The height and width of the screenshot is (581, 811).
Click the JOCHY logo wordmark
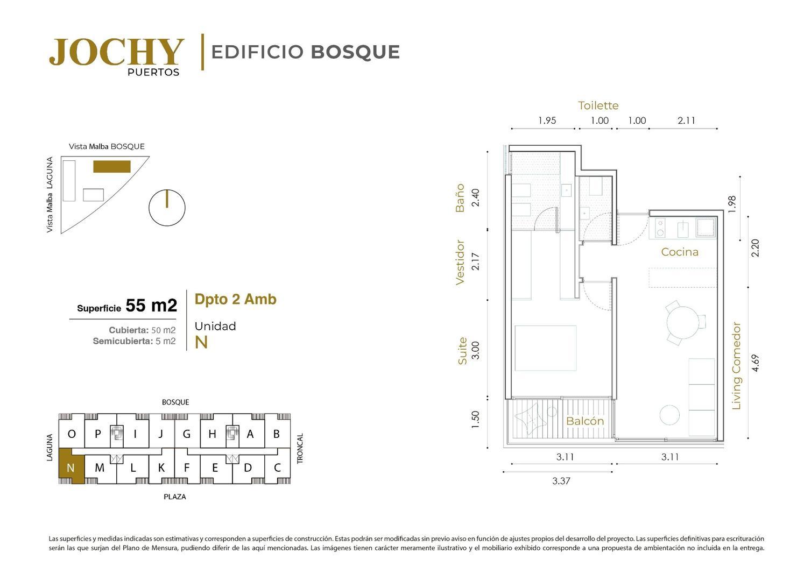116,52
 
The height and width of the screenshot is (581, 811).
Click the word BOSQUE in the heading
355,52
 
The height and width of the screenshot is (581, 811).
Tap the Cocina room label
680,252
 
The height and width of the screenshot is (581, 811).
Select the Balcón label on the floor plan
585,421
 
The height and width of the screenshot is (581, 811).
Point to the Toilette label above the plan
598,105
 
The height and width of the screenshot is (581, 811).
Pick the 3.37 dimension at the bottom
561,481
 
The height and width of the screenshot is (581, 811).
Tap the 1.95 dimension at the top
547,121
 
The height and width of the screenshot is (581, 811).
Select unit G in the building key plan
186,434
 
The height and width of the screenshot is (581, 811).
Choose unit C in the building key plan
277,467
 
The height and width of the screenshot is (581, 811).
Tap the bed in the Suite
545,348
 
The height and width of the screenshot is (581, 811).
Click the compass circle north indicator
167,208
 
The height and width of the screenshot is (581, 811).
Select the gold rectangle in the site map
112,167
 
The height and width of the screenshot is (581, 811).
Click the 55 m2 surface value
151,306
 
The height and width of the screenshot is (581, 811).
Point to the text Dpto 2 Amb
235,299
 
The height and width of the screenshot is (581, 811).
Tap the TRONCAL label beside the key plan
300,449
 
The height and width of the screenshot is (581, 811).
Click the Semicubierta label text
123,341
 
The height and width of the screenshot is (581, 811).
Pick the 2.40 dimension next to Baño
475,198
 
